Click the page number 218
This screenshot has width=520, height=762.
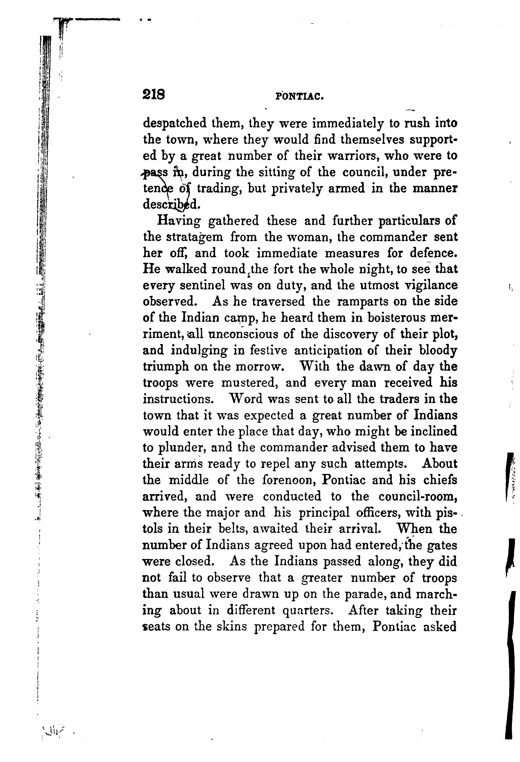click(154, 95)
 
